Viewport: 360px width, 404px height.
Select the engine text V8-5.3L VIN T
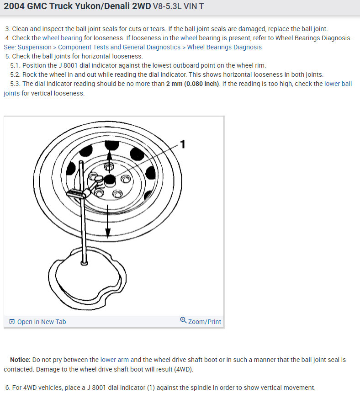pyautogui.click(x=178, y=7)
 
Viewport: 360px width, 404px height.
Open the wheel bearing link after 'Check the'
pyautogui.click(x=63, y=38)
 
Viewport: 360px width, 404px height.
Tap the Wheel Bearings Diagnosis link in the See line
pyautogui.click(x=224, y=47)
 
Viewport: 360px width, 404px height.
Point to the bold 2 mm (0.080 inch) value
pyautogui.click(x=193, y=84)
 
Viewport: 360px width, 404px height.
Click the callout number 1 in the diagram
pyautogui.click(x=182, y=144)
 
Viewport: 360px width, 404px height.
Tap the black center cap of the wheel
pyautogui.click(x=110, y=180)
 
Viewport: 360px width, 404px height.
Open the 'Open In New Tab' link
pyautogui.click(x=41, y=322)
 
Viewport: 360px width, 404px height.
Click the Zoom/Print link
pyautogui.click(x=204, y=322)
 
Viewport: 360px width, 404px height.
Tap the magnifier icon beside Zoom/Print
pyautogui.click(x=183, y=321)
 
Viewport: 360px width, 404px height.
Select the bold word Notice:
pyautogui.click(x=20, y=360)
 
